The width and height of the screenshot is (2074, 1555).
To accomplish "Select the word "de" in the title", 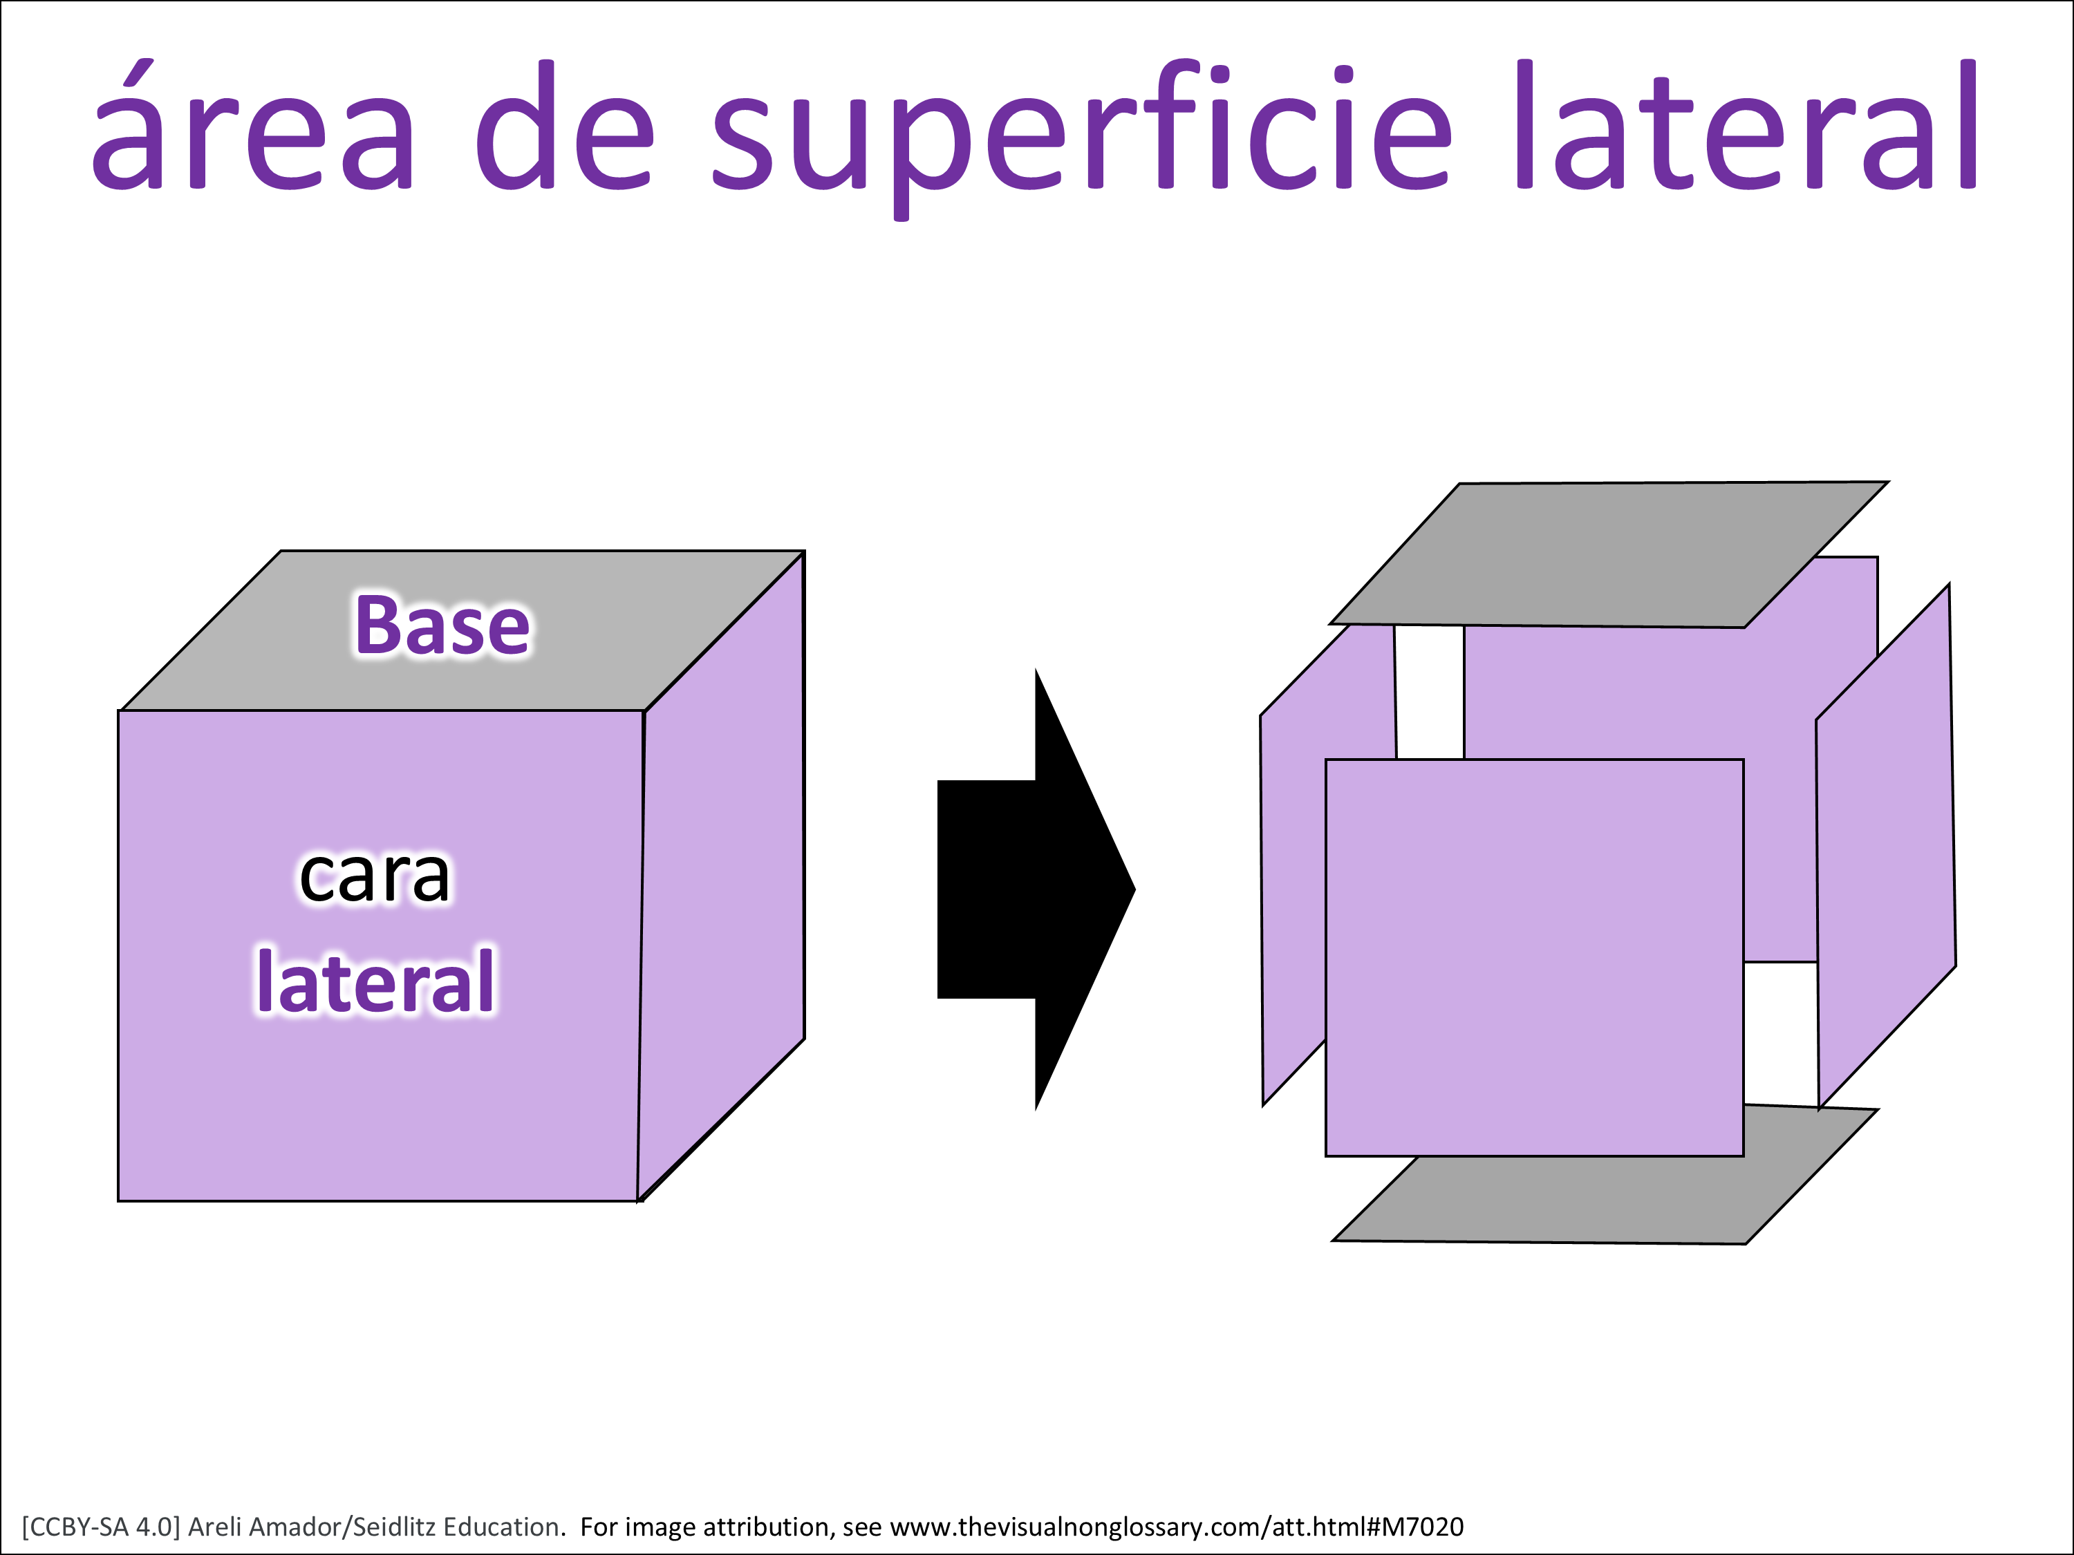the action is click(564, 124).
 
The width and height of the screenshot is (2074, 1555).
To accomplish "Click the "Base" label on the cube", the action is click(442, 625).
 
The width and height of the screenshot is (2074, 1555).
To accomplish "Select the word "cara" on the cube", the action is click(374, 876).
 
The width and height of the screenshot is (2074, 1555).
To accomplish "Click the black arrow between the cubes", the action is click(1036, 889).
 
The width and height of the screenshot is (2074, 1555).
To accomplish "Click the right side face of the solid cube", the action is click(722, 876).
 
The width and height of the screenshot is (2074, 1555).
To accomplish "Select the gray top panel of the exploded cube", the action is click(1609, 555).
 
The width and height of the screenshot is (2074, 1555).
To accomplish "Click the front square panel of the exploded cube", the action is click(1534, 957).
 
